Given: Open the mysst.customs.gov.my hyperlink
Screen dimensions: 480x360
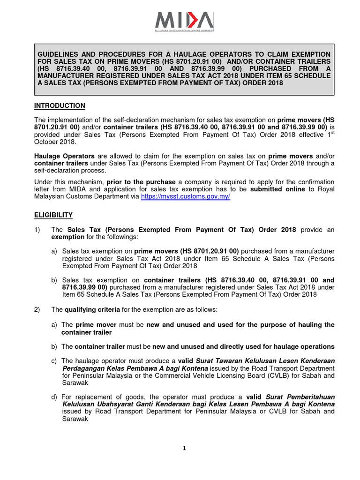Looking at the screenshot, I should tap(186, 197).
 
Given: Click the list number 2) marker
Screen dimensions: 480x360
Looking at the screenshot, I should tap(41, 310).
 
